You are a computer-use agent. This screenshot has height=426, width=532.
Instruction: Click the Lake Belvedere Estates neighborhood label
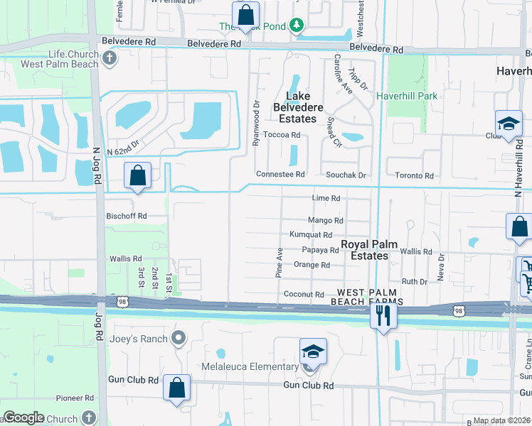(304, 107)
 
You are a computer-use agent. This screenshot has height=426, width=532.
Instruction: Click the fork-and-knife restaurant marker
(383, 316)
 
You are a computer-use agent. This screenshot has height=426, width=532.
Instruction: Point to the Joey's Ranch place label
(138, 339)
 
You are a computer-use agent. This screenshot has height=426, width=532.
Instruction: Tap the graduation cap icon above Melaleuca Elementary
(312, 352)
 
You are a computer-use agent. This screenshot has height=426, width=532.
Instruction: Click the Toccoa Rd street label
(282, 135)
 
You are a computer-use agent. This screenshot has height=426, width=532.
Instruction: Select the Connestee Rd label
(280, 175)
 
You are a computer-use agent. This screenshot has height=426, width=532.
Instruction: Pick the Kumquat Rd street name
(311, 235)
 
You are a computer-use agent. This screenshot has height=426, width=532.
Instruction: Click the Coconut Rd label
(304, 295)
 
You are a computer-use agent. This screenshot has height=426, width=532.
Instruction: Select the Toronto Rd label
(419, 175)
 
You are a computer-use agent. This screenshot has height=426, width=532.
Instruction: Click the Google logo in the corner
(23, 417)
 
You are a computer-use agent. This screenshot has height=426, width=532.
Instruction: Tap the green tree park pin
(297, 27)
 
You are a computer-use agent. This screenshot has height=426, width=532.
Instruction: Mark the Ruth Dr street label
(414, 281)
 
